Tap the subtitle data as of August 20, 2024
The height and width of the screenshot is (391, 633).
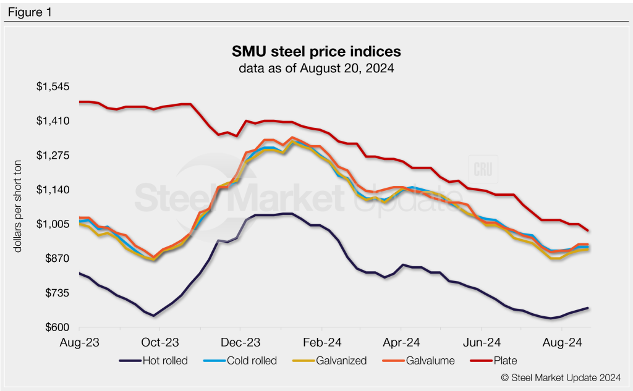316,68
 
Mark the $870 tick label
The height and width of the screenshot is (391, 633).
56,258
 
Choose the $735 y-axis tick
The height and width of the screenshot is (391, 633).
56,293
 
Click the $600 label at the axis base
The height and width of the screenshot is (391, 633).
56,327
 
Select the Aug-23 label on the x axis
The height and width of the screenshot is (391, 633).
80,342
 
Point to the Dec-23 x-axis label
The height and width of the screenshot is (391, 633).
240,342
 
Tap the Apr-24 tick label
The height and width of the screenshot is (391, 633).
402,342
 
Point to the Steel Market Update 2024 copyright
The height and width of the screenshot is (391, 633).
562,377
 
